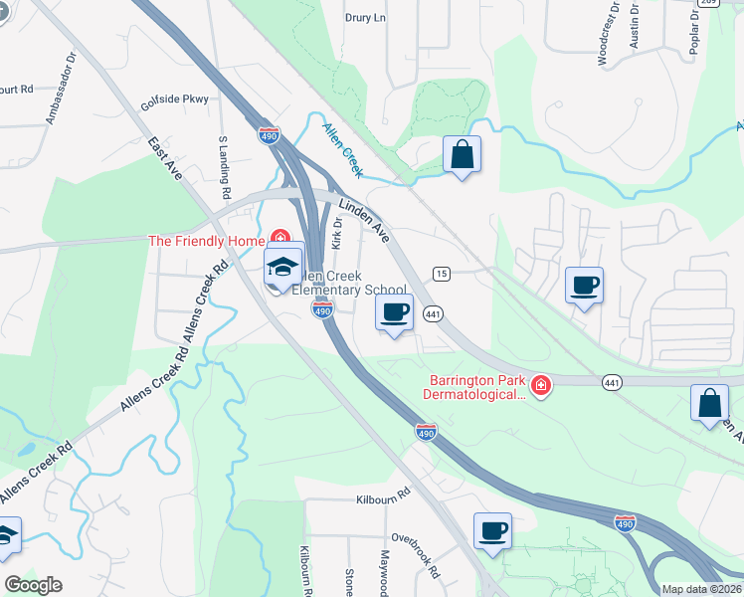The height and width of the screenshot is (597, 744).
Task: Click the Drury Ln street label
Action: pyautogui.click(x=364, y=18)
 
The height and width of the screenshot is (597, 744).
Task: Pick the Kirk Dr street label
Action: pyautogui.click(x=337, y=236)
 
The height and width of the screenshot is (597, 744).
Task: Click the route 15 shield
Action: pyautogui.click(x=441, y=273)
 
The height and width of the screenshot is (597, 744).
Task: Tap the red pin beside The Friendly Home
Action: pyautogui.click(x=281, y=240)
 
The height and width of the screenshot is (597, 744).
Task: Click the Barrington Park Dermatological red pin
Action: pyautogui.click(x=540, y=384)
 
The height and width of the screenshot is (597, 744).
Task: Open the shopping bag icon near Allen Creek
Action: pyautogui.click(x=462, y=154)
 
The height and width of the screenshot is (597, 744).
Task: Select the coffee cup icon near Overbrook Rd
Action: pyautogui.click(x=492, y=529)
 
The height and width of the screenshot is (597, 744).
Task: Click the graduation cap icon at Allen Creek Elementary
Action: pyautogui.click(x=282, y=268)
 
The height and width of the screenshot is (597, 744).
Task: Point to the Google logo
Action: pyautogui.click(x=33, y=586)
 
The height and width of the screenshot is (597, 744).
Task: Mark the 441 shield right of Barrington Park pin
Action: pyautogui.click(x=613, y=381)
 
